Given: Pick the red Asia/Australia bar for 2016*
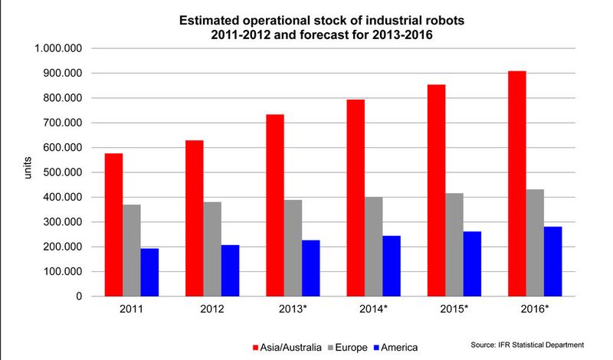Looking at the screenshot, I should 517,183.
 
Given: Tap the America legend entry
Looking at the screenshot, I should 405,346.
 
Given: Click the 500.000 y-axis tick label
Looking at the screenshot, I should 62,172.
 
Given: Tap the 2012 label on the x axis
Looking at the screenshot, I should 212,309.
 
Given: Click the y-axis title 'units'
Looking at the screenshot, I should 28,172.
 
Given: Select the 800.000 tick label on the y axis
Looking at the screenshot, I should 62,98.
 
